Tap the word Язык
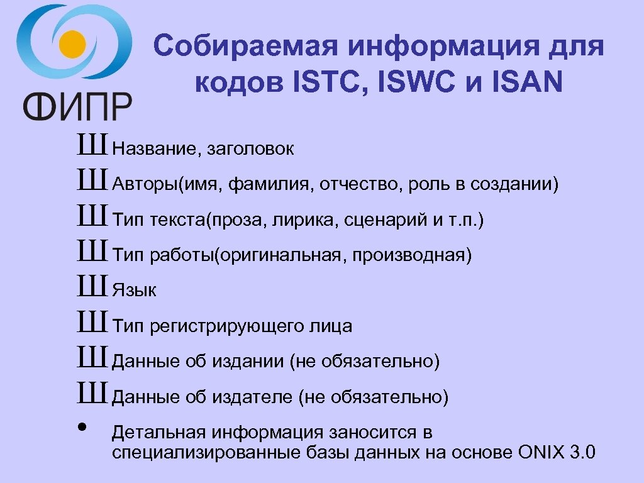(x=134, y=291)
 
